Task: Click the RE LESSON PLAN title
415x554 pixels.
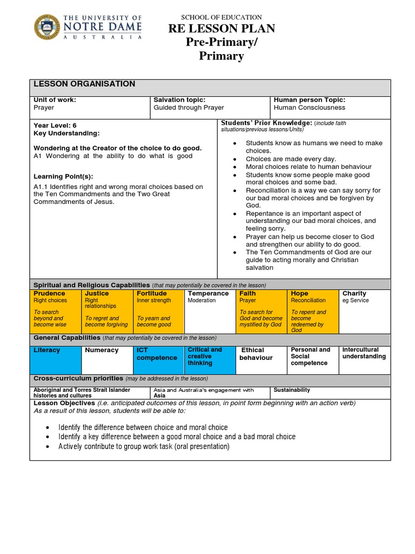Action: pos(222,29)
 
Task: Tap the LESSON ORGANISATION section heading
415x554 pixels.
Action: pos(84,84)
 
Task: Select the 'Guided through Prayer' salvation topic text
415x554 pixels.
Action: pos(189,108)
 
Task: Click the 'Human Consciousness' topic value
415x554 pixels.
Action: pos(309,108)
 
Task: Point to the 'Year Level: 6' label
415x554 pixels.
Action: pos(55,126)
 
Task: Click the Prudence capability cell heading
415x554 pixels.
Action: pos(49,293)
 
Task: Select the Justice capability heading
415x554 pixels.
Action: pos(97,293)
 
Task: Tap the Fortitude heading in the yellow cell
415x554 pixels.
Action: pos(152,293)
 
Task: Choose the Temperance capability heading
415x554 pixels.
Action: pos(208,293)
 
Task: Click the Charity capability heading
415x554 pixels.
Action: pos(354,293)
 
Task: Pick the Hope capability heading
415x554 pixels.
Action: pos(299,293)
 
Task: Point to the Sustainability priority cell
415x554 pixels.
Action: pos(292,390)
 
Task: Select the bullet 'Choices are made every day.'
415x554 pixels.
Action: pos(291,159)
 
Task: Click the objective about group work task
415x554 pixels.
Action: pos(144,446)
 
